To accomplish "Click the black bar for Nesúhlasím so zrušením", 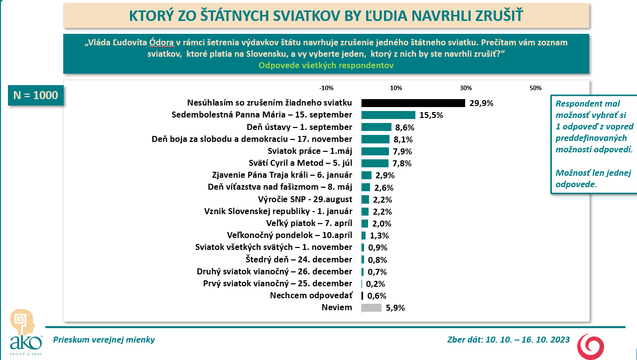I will point(413,103).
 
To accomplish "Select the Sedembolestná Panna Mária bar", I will point(388,115).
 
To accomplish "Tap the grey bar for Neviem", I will point(372,308).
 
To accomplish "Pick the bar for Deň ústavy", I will point(376,127).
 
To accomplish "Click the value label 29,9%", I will point(481,104).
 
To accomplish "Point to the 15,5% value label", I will point(431,116).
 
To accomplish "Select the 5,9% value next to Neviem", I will point(395,308).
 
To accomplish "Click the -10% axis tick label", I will point(326,88).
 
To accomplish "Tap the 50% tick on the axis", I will point(535,88).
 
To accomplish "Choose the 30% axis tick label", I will point(466,88).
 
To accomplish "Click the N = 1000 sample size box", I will point(36,95).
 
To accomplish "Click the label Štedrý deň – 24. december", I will point(299,259).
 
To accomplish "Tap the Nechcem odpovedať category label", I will point(311,296).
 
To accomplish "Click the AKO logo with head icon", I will point(23,331).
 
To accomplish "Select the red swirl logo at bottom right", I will point(591,347).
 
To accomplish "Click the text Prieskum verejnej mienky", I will point(104,340).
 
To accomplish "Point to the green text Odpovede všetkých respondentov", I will point(326,65).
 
